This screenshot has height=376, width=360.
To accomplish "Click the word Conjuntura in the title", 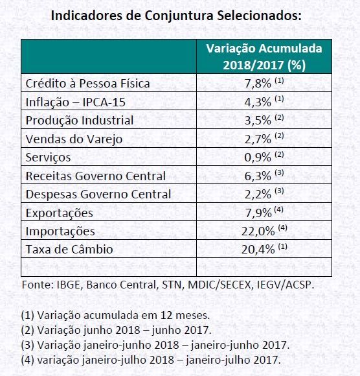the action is tap(179, 16).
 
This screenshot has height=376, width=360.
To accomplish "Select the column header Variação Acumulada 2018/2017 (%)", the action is tap(264, 56).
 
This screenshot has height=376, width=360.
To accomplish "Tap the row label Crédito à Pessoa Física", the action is tap(87, 84).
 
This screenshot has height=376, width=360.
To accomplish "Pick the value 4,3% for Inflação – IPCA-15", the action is tap(258, 102).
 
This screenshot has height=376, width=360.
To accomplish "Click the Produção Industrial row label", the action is tap(80, 120).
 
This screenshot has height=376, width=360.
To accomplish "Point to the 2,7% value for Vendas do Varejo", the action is tap(258, 139).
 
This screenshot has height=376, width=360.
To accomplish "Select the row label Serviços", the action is tap(48, 158).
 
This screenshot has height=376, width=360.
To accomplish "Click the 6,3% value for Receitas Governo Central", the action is tap(258, 176).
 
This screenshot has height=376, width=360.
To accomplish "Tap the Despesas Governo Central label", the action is tap(98, 194).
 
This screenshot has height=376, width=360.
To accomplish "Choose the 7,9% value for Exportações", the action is tap(258, 213).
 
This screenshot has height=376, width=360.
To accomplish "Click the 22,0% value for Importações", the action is tap(258, 231).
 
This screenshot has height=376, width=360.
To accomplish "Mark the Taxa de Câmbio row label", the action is tap(69, 250).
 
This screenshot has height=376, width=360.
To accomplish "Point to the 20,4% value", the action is tap(258, 250).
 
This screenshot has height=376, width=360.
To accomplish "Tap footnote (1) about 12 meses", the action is tap(115, 315).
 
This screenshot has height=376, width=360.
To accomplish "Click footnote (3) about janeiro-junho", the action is tap(155, 346).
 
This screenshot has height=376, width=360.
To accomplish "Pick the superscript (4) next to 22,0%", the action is tap(283, 228).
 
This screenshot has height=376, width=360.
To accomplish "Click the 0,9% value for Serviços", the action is tap(258, 158).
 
